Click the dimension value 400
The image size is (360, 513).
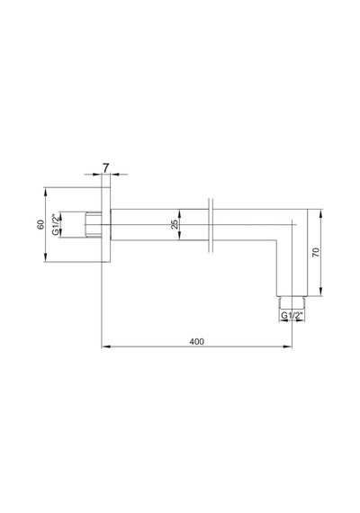(x=196, y=342)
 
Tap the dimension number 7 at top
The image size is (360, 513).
(x=105, y=168)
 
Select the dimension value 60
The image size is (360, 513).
(x=40, y=224)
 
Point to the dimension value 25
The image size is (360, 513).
(x=175, y=224)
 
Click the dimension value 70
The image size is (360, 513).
(x=316, y=252)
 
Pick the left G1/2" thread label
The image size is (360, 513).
(x=56, y=224)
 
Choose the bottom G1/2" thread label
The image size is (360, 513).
(x=292, y=315)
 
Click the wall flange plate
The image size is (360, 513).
(x=105, y=224)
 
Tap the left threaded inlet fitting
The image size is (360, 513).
(x=94, y=224)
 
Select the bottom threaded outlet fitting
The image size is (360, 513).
(x=292, y=302)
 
